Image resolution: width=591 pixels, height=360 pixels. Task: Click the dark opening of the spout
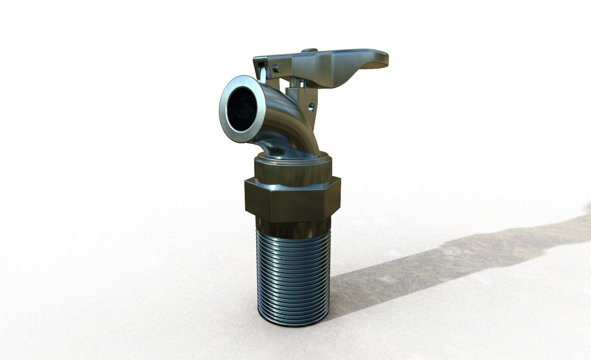pyautogui.click(x=241, y=108)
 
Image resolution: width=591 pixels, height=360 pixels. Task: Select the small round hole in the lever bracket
pyautogui.click(x=311, y=105)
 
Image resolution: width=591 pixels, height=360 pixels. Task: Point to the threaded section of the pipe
pyautogui.click(x=293, y=272)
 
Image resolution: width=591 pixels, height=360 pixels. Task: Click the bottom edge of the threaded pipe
pyautogui.click(x=293, y=324)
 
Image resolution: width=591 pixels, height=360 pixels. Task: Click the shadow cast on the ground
pyautogui.click(x=447, y=260)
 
